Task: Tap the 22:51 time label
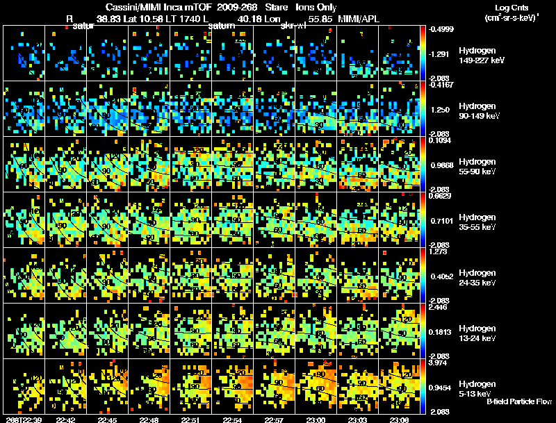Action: (x=192, y=420)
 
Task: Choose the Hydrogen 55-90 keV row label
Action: (x=479, y=167)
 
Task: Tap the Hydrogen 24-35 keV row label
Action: (x=479, y=278)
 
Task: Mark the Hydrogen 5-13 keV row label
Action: (x=478, y=388)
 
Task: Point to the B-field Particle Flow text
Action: (x=518, y=401)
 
